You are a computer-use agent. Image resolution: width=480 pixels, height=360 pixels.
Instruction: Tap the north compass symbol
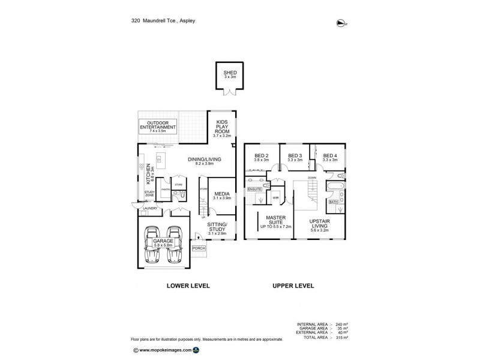pos(341,23)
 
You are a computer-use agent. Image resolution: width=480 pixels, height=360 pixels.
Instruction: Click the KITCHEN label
pos(146,173)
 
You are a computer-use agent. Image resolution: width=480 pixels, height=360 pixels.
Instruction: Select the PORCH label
pos(199,248)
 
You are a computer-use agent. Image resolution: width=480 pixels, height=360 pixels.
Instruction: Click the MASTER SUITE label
pos(275,220)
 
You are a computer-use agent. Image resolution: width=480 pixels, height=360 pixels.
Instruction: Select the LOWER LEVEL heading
pos(188,286)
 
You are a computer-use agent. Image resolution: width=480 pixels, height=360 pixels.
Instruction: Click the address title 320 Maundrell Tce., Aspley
pos(164,20)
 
